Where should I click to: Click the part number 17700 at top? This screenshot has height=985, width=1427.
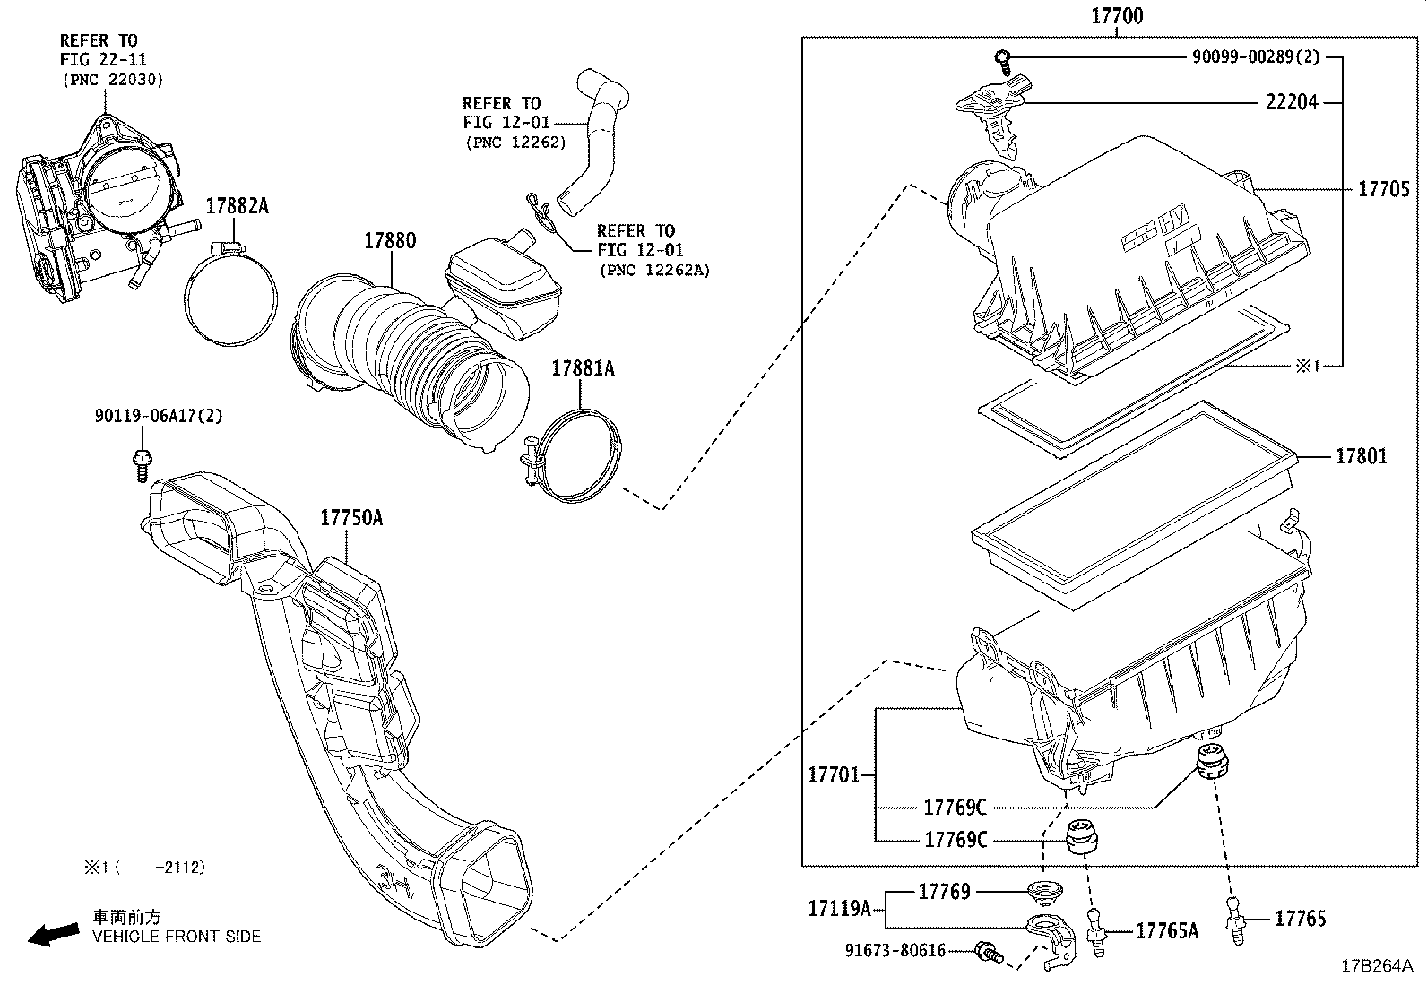click(x=1116, y=16)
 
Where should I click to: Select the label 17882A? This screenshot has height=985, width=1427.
click(x=237, y=206)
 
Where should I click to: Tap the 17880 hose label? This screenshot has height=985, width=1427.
click(x=389, y=241)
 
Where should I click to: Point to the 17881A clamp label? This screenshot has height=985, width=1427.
click(x=583, y=367)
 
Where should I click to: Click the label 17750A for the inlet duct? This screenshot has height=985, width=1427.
click(x=351, y=518)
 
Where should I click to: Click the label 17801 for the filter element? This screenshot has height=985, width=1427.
click(x=1361, y=456)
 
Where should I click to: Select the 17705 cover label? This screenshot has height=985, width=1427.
click(x=1383, y=189)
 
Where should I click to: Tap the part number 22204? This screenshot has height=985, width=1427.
click(x=1292, y=102)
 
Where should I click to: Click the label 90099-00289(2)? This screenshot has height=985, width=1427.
click(x=1255, y=56)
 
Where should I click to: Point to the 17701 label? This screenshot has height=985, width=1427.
click(x=834, y=774)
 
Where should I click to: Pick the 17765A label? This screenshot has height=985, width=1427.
click(x=1166, y=931)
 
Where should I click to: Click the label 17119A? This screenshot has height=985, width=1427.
click(x=839, y=910)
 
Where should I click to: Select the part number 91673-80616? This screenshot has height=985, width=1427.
click(x=895, y=950)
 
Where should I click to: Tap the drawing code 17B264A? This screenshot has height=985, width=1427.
click(x=1376, y=966)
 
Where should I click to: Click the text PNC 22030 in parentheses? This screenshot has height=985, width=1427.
click(x=112, y=80)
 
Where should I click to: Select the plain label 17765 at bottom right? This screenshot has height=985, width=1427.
click(x=1300, y=918)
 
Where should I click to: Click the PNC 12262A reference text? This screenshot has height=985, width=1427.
click(x=653, y=270)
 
